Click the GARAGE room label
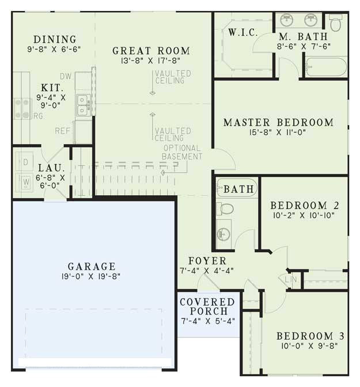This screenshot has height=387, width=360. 92,267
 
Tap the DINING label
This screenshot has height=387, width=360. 55,39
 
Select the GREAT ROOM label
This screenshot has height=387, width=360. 151,51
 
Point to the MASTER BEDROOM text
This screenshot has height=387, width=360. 278,123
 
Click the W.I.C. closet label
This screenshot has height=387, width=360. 243,32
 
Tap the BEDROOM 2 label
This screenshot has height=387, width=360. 304,206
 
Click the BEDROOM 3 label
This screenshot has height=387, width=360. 305,336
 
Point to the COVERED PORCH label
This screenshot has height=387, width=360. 207,307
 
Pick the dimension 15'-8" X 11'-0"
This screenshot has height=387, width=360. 279,132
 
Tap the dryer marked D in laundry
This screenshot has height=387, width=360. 25,162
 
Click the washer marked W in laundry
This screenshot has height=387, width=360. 25,183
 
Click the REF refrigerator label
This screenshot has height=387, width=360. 63,131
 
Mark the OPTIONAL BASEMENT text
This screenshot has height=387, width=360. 182,152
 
